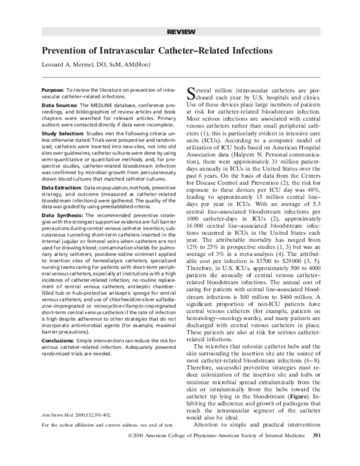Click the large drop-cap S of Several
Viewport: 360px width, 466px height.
(x=192, y=91)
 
